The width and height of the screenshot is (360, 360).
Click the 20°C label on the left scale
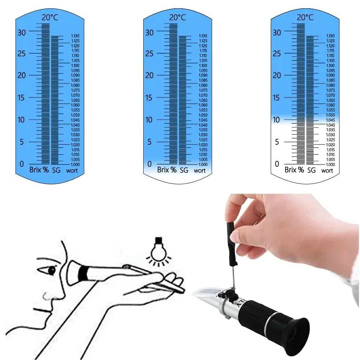point(50,17)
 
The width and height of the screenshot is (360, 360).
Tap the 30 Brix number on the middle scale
point(150,32)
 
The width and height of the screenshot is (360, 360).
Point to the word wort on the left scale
point(72,171)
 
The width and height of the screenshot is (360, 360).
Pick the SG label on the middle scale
point(184,170)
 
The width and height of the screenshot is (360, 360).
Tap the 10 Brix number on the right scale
point(276,120)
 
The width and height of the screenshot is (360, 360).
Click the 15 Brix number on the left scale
point(22,98)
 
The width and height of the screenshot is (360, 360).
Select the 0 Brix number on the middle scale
point(149,164)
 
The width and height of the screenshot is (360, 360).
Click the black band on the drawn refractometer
point(84,273)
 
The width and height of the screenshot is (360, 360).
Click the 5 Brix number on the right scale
point(276,142)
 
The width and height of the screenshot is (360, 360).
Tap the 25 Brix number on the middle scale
point(150,54)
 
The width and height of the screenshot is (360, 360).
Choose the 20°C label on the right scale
point(305,17)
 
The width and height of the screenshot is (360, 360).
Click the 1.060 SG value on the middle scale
point(203,105)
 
